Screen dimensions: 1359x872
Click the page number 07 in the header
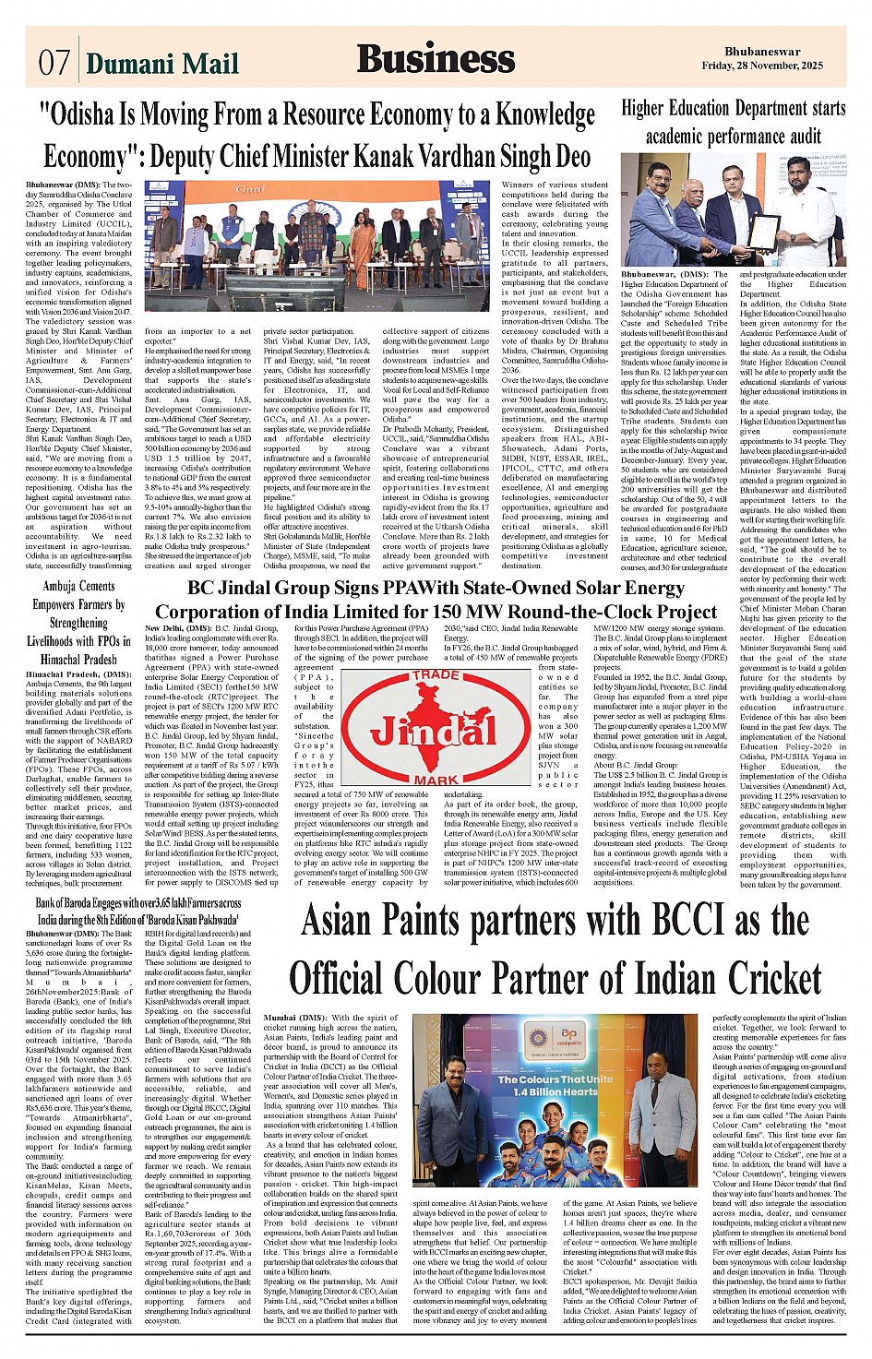(x=54, y=62)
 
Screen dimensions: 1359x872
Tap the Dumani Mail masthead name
(x=162, y=63)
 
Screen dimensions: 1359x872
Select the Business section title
(x=436, y=58)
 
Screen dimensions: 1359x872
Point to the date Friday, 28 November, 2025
(x=761, y=66)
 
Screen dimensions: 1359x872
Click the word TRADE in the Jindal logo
(x=436, y=675)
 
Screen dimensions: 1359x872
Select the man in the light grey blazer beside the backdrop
(x=661, y=1130)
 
